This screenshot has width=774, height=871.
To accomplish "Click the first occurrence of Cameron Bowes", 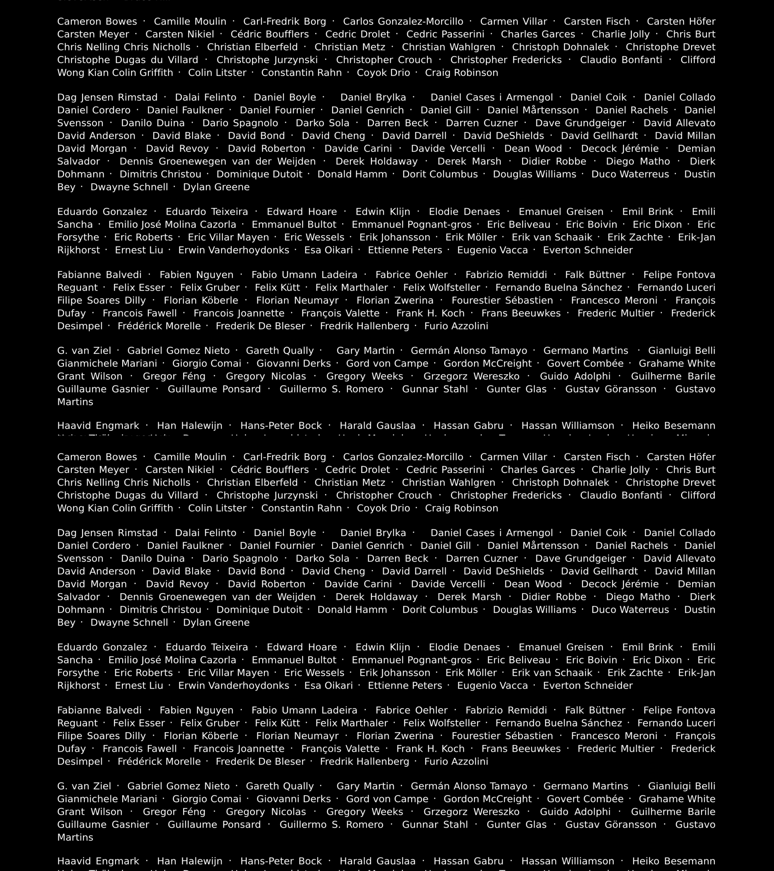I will coord(97,22).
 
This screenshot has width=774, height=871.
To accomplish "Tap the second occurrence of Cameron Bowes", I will coord(97,457).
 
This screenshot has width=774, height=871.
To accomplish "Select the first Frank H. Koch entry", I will coord(430,313).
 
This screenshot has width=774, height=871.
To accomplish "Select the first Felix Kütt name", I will coord(277,288).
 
